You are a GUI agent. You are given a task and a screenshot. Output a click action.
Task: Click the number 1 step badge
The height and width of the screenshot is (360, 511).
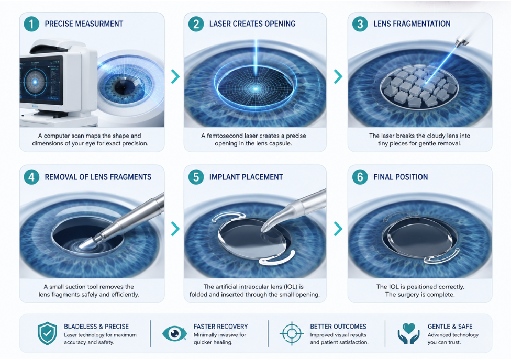[31, 24]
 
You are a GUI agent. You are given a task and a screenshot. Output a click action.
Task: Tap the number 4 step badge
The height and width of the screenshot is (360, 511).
[31, 177]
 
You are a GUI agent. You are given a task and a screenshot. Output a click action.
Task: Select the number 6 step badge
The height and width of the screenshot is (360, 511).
[360, 177]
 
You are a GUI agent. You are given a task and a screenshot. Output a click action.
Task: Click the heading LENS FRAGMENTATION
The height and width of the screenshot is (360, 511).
[412, 24]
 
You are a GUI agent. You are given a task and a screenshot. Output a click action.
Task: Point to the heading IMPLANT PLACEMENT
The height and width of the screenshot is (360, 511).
[246, 177]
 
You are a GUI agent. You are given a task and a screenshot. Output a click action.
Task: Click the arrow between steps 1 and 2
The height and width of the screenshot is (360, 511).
[175, 76]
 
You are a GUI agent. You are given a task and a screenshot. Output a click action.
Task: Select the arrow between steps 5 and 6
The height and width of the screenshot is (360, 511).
[338, 229]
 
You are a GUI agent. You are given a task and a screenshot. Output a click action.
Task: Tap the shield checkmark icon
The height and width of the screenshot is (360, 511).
[47, 333]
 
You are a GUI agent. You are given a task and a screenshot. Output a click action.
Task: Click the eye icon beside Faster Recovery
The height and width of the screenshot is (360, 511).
[174, 333]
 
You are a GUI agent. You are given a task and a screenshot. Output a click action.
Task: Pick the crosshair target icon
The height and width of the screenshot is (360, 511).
[292, 333]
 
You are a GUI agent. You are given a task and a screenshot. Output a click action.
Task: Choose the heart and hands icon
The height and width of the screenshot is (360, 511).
[409, 333]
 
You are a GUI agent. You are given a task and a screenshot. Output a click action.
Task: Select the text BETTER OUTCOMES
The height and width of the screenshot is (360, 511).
[338, 327]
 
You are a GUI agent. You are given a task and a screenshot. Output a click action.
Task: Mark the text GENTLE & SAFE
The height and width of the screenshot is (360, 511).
[450, 327]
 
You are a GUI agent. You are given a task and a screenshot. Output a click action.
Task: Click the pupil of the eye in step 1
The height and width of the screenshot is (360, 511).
[125, 87]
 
